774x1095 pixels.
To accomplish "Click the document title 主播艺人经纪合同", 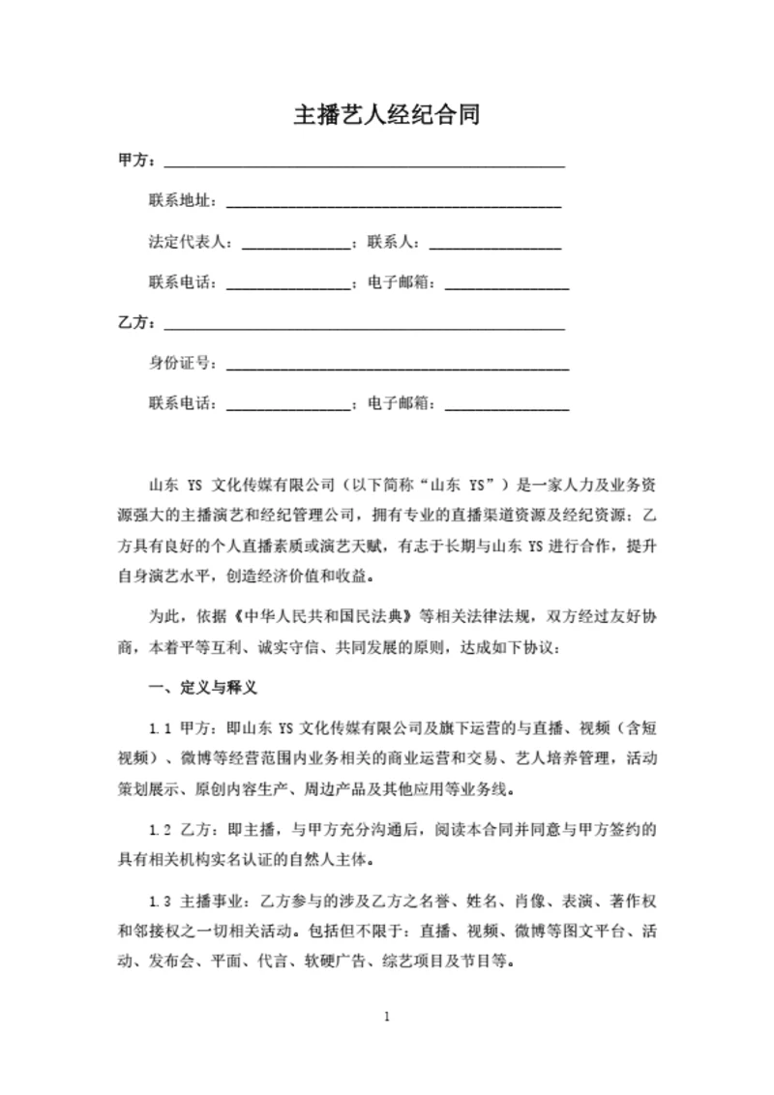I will coord(387,116).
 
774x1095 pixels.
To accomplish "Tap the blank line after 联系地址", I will coord(393,203).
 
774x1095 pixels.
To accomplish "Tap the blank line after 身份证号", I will coord(397,366).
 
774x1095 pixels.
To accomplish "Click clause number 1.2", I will coord(160,830).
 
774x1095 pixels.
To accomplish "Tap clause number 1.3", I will coord(160,903).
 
